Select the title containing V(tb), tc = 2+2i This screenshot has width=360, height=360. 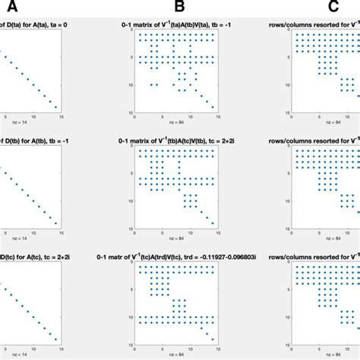pyautogui.click(x=180, y=139)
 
